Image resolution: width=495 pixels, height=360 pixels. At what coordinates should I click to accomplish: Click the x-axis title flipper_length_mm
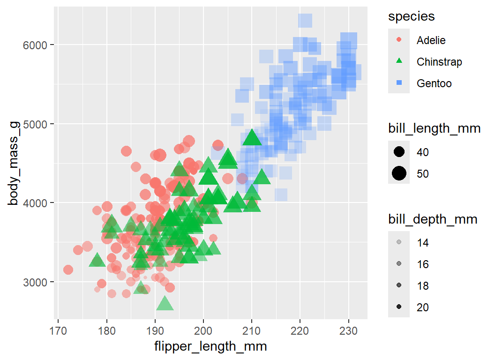pyautogui.click(x=210, y=346)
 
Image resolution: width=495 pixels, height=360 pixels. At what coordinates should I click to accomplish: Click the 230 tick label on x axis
pyautogui.click(x=348, y=325)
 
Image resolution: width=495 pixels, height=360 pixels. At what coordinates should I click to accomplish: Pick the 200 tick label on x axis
pyautogui.click(x=203, y=325)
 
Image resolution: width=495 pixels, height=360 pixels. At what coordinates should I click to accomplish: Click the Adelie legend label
pyautogui.click(x=431, y=40)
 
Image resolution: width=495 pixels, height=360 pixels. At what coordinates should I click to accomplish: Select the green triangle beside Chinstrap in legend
pyautogui.click(x=399, y=61)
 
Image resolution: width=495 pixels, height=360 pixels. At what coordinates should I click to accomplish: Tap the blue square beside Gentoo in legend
pyautogui.click(x=399, y=83)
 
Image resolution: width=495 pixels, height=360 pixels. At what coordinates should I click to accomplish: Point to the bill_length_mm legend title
pyautogui.click(x=434, y=129)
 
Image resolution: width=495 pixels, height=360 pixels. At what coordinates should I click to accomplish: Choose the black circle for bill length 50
pyautogui.click(x=399, y=174)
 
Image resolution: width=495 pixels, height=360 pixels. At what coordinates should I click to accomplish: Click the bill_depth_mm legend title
pyautogui.click(x=433, y=219)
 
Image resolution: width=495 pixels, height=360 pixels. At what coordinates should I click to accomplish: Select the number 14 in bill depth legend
pyautogui.click(x=422, y=243)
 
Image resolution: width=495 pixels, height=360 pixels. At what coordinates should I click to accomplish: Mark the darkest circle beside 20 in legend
pyautogui.click(x=399, y=307)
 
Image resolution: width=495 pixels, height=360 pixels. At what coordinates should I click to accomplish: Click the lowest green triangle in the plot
pyautogui.click(x=165, y=304)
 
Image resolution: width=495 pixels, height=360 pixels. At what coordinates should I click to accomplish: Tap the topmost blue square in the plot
pyautogui.click(x=305, y=21)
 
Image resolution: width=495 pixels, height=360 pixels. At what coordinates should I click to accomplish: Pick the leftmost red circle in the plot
pyautogui.click(x=68, y=270)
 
